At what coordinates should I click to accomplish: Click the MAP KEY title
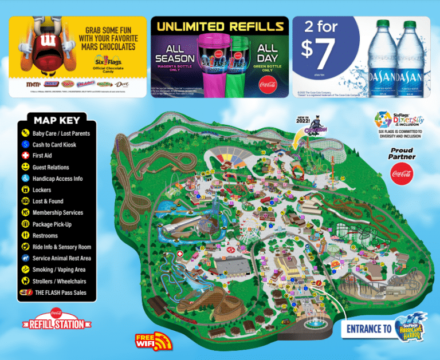pyautogui.click(x=57, y=120)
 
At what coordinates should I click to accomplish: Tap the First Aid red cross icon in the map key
pyautogui.click(x=26, y=156)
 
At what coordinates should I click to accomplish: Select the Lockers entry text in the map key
pyautogui.click(x=42, y=190)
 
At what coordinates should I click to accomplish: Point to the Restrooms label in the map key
pyautogui.click(x=45, y=235)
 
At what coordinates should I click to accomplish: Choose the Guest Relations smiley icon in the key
pyautogui.click(x=26, y=167)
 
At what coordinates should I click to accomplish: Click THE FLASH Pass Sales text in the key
pyautogui.click(x=60, y=292)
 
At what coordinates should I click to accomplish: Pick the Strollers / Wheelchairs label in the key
pyautogui.click(x=59, y=281)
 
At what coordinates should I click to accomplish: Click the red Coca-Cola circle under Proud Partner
pyautogui.click(x=402, y=172)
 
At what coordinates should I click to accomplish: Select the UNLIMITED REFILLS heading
pyautogui.click(x=221, y=26)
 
